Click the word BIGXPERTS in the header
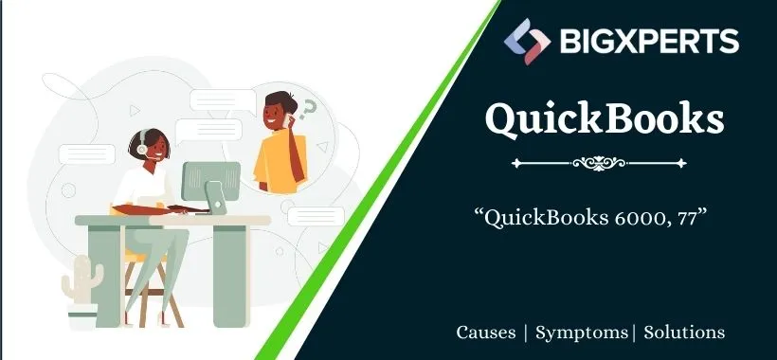click(644, 41)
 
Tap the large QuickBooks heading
click(604, 120)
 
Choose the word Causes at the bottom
click(486, 333)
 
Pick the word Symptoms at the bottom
click(581, 333)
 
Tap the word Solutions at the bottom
click(684, 333)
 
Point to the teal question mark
click(306, 111)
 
